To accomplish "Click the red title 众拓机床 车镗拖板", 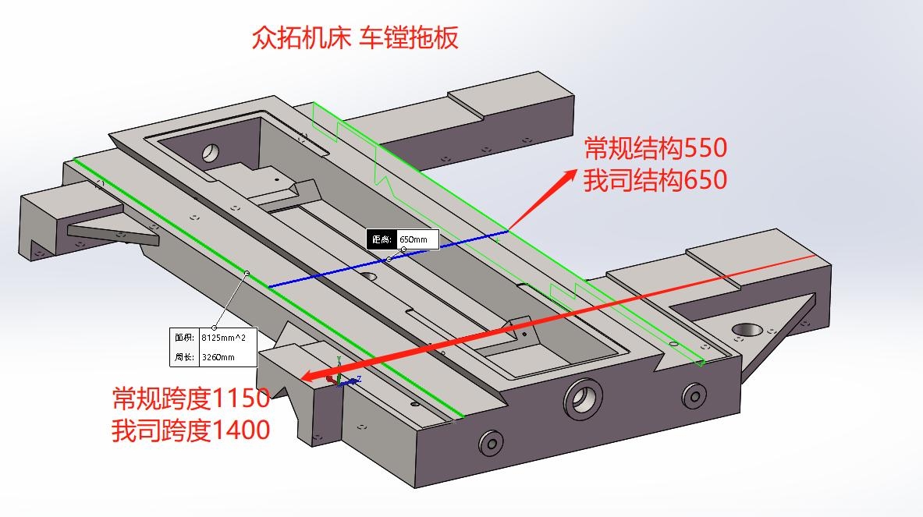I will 355,37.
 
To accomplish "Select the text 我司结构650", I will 655,180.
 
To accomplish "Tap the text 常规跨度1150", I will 191,398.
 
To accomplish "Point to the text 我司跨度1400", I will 191,430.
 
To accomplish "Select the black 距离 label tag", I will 382,239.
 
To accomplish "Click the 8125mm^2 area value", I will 227,338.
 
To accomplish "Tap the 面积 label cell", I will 184,338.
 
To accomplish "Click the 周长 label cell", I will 184,357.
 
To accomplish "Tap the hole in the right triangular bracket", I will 746,331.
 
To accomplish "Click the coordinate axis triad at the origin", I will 340,378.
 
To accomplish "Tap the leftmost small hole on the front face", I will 491,444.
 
